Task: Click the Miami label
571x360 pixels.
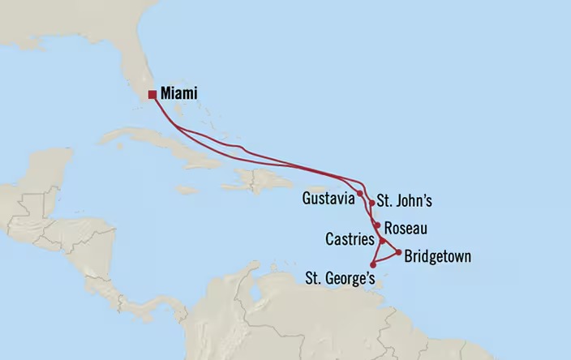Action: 178,94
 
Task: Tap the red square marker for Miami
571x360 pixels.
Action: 152,94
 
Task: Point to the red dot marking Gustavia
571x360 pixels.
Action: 359,194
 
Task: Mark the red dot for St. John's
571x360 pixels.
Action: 371,204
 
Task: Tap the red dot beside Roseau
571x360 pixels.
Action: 378,225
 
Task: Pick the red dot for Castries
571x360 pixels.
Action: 381,241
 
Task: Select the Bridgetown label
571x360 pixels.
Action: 437,257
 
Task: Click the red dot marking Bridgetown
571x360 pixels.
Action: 398,251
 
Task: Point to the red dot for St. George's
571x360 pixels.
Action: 372,264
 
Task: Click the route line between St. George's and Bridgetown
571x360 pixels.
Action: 386,258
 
